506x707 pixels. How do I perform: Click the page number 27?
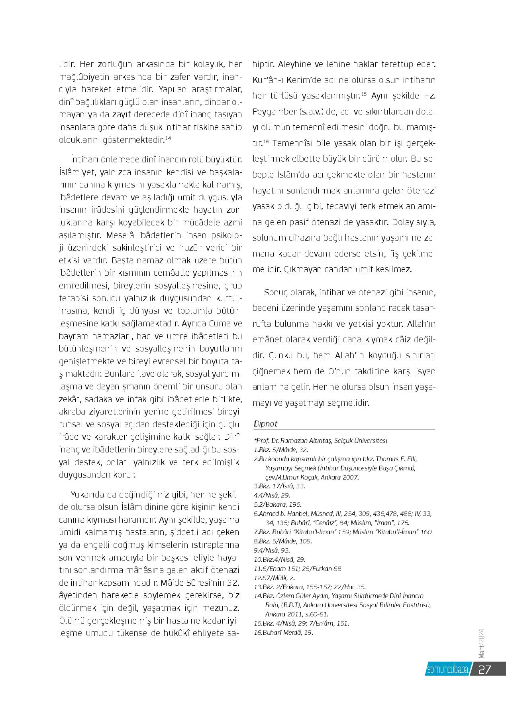pyautogui.click(x=484, y=669)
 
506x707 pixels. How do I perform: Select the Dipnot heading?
pyautogui.click(x=265, y=424)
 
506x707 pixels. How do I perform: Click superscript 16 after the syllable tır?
pyautogui.click(x=266, y=141)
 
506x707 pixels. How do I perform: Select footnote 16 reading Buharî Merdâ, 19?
pyautogui.click(x=283, y=632)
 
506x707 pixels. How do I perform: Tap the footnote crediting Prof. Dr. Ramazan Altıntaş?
pyautogui.click(x=320, y=440)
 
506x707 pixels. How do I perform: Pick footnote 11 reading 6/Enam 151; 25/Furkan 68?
pyautogui.click(x=297, y=568)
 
